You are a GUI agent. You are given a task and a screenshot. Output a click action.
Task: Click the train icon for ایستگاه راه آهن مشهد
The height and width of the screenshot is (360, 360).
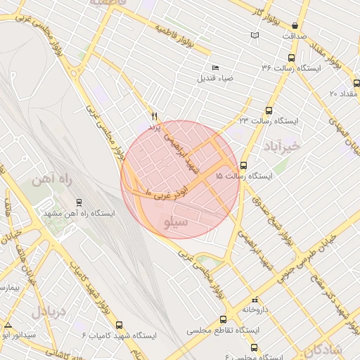[79, 202]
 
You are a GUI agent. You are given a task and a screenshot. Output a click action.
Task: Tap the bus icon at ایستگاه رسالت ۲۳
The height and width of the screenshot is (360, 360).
[269, 110]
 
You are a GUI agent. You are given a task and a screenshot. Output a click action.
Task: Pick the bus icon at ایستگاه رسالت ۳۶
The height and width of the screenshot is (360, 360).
[291, 58]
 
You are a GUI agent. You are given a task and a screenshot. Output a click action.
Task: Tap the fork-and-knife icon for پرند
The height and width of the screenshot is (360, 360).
[155, 116]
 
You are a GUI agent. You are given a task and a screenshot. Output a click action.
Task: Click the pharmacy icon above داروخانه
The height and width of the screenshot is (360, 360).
[254, 300]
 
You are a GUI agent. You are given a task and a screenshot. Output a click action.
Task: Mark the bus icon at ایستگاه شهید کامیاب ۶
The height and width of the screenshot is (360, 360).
[119, 326]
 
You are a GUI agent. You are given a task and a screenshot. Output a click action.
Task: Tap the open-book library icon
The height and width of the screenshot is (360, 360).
[254, 36]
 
